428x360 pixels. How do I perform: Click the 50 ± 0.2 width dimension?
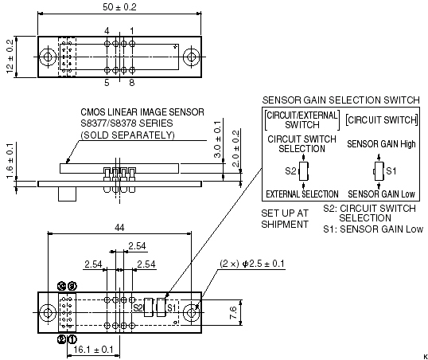tap(119, 7)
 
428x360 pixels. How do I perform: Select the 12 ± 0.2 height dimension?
tap(10, 57)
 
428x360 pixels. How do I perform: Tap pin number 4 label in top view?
tap(107, 31)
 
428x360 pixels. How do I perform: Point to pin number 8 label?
tap(132, 82)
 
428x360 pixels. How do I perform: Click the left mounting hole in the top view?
tap(48, 57)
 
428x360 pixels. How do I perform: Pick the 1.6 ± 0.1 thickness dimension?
tap(10, 161)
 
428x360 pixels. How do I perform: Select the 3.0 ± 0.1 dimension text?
tap(217, 139)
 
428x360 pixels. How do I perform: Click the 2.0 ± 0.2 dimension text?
tap(235, 148)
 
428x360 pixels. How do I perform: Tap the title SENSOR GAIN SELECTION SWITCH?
tap(341, 100)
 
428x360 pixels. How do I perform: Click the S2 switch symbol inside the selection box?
tap(304, 171)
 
